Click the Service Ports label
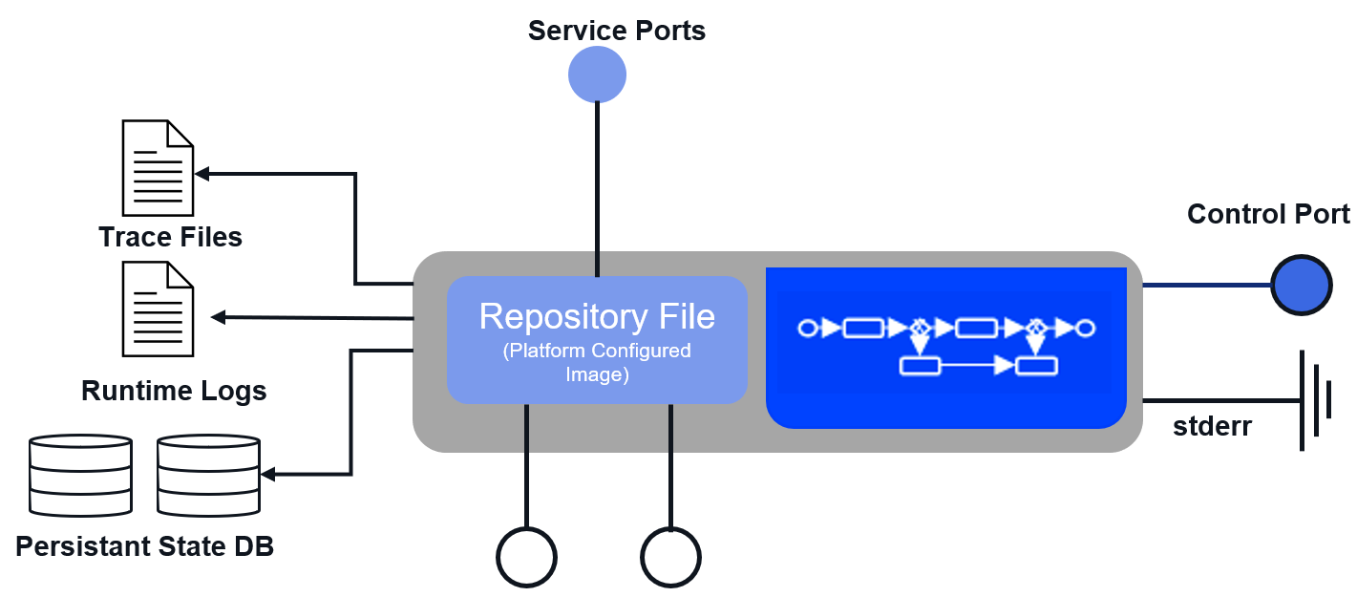(x=617, y=31)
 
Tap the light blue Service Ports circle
(x=597, y=75)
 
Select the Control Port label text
(x=1268, y=214)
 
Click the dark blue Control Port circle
(x=1301, y=286)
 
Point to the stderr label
(x=1212, y=427)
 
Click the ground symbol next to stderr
(x=1314, y=399)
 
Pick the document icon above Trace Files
(x=159, y=168)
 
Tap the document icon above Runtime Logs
(x=159, y=309)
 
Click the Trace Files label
(x=170, y=237)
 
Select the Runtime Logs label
(x=174, y=391)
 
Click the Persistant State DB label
(x=145, y=547)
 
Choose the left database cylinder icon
(x=80, y=475)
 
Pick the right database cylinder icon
(x=208, y=475)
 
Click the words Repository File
(x=597, y=316)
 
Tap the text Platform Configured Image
(x=597, y=362)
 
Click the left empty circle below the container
(x=526, y=557)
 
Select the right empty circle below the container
(x=670, y=557)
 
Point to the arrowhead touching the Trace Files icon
(x=202, y=174)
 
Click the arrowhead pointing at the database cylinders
(x=269, y=475)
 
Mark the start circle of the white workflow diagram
(x=808, y=329)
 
